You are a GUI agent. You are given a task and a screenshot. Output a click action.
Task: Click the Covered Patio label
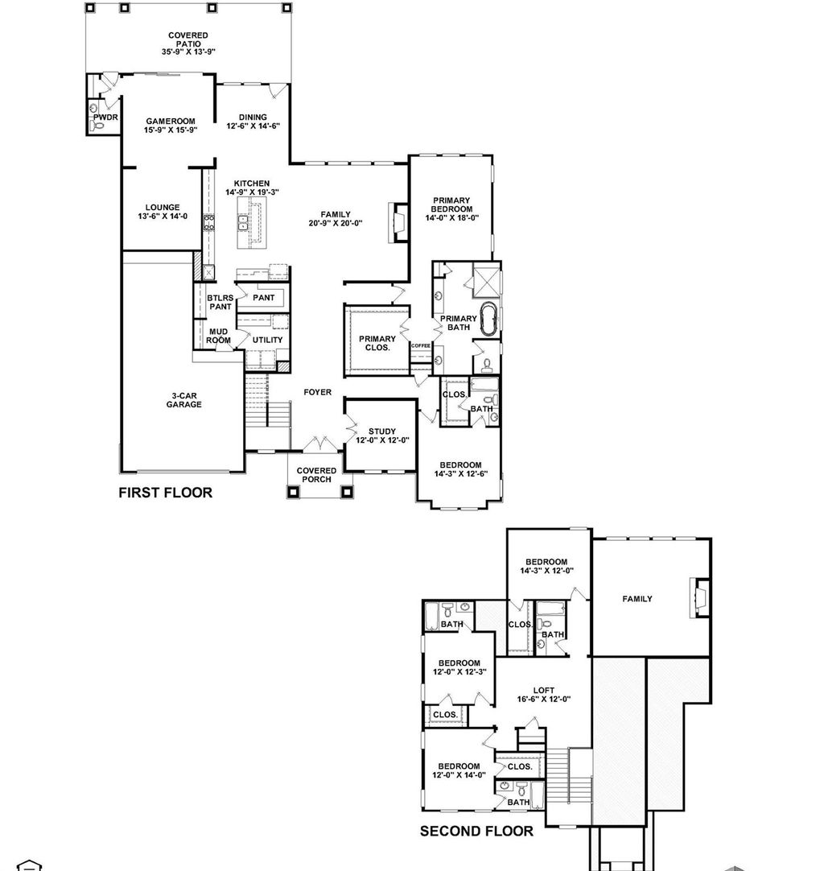(x=188, y=39)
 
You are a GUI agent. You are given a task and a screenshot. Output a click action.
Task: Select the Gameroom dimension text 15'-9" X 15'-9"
(x=171, y=130)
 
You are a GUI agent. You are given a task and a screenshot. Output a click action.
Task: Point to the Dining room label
(x=253, y=118)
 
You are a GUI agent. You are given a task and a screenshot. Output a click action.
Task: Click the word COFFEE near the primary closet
(x=422, y=345)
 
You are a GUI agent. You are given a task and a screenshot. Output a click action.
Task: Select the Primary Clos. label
(x=377, y=343)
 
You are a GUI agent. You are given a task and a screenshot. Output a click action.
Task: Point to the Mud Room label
(x=220, y=336)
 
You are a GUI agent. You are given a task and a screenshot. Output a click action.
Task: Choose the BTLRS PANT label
(x=220, y=302)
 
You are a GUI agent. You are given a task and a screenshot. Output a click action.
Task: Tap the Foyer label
(x=317, y=392)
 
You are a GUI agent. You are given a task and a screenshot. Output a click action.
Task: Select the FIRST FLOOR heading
(x=166, y=493)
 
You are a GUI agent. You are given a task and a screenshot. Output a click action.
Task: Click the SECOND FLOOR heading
(x=476, y=831)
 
